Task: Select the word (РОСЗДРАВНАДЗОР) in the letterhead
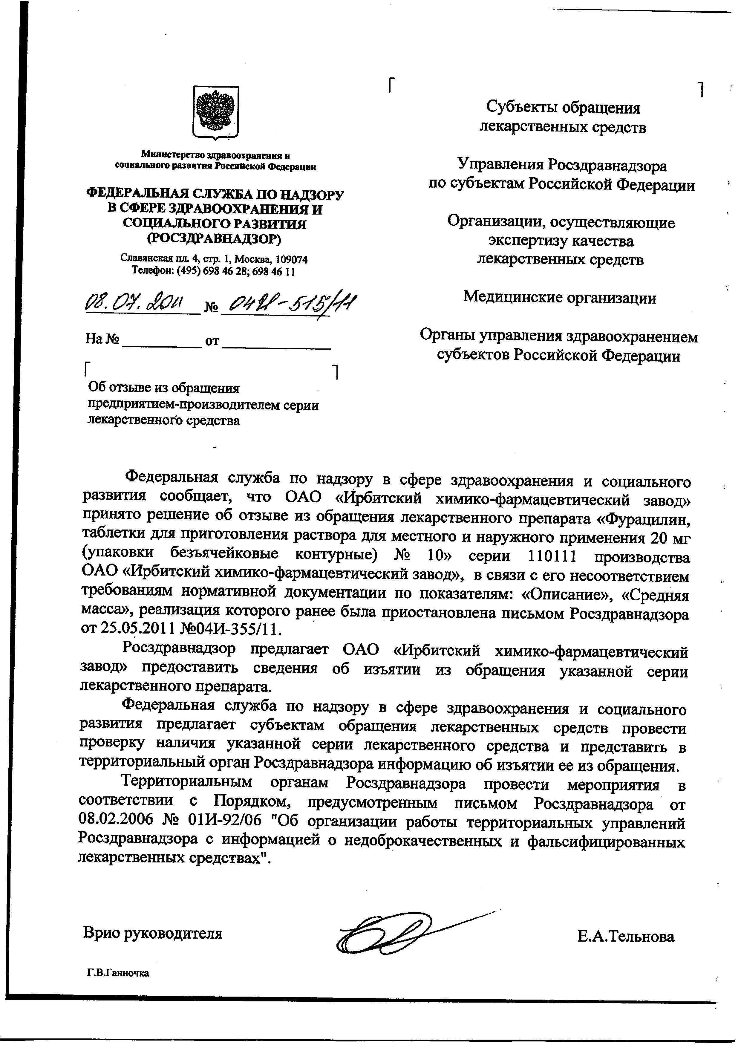tap(215, 239)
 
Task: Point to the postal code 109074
tap(291, 260)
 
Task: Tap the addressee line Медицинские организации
tap(560, 298)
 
